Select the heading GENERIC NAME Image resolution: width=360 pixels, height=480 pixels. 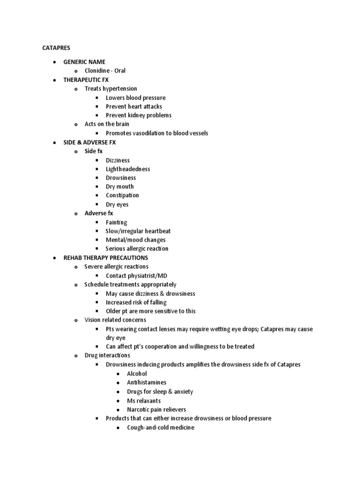[84, 61]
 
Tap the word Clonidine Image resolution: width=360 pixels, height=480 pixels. [97, 71]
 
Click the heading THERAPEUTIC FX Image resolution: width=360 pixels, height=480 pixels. [86, 80]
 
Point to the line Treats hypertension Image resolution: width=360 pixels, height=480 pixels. [111, 89]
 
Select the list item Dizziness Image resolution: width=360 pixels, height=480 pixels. [118, 160]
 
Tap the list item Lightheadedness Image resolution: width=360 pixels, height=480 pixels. [128, 169]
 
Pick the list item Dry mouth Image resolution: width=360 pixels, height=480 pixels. [120, 187]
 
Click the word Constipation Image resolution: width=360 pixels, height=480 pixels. [122, 195]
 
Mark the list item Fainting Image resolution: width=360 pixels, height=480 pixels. [116, 223]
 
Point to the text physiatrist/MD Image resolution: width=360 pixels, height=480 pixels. [147, 276]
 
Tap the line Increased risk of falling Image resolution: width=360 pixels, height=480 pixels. [136, 302]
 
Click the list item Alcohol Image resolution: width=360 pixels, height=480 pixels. [137, 374]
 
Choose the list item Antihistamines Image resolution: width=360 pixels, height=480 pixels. [146, 382]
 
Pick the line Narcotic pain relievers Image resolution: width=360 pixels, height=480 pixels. [156, 410]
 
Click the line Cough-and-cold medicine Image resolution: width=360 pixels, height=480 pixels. [160, 427]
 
